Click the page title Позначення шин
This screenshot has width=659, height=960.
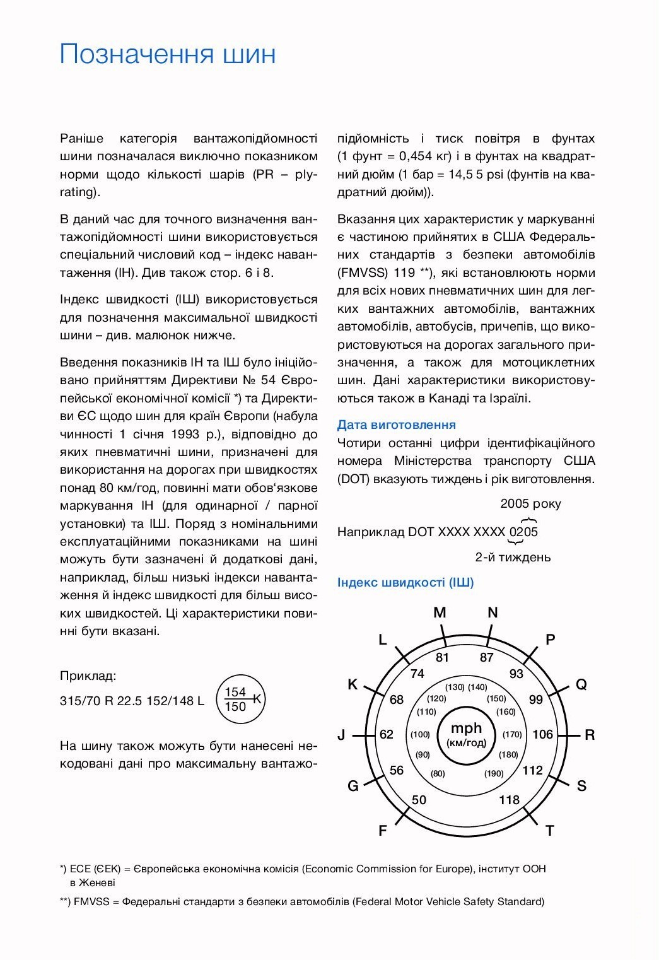[168, 54]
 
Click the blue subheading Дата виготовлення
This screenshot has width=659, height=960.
[396, 425]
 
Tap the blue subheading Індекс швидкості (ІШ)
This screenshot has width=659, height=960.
[405, 582]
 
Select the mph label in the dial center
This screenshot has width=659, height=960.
[466, 728]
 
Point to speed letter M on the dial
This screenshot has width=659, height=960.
[440, 612]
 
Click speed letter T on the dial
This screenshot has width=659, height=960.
[550, 831]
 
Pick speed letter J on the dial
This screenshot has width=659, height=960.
[341, 735]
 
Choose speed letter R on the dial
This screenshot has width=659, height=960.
[590, 735]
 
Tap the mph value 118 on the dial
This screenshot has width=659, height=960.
[509, 800]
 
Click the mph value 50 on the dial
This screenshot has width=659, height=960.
[419, 800]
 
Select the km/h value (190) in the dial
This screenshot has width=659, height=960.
[494, 774]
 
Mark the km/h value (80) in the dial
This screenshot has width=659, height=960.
[438, 774]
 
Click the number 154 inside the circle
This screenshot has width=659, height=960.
[235, 692]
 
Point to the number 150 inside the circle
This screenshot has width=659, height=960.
[235, 707]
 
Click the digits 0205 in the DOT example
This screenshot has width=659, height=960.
[523, 532]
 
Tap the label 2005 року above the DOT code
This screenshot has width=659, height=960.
[530, 503]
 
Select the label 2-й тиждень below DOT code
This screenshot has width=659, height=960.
[513, 558]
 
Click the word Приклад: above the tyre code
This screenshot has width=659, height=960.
[88, 676]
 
